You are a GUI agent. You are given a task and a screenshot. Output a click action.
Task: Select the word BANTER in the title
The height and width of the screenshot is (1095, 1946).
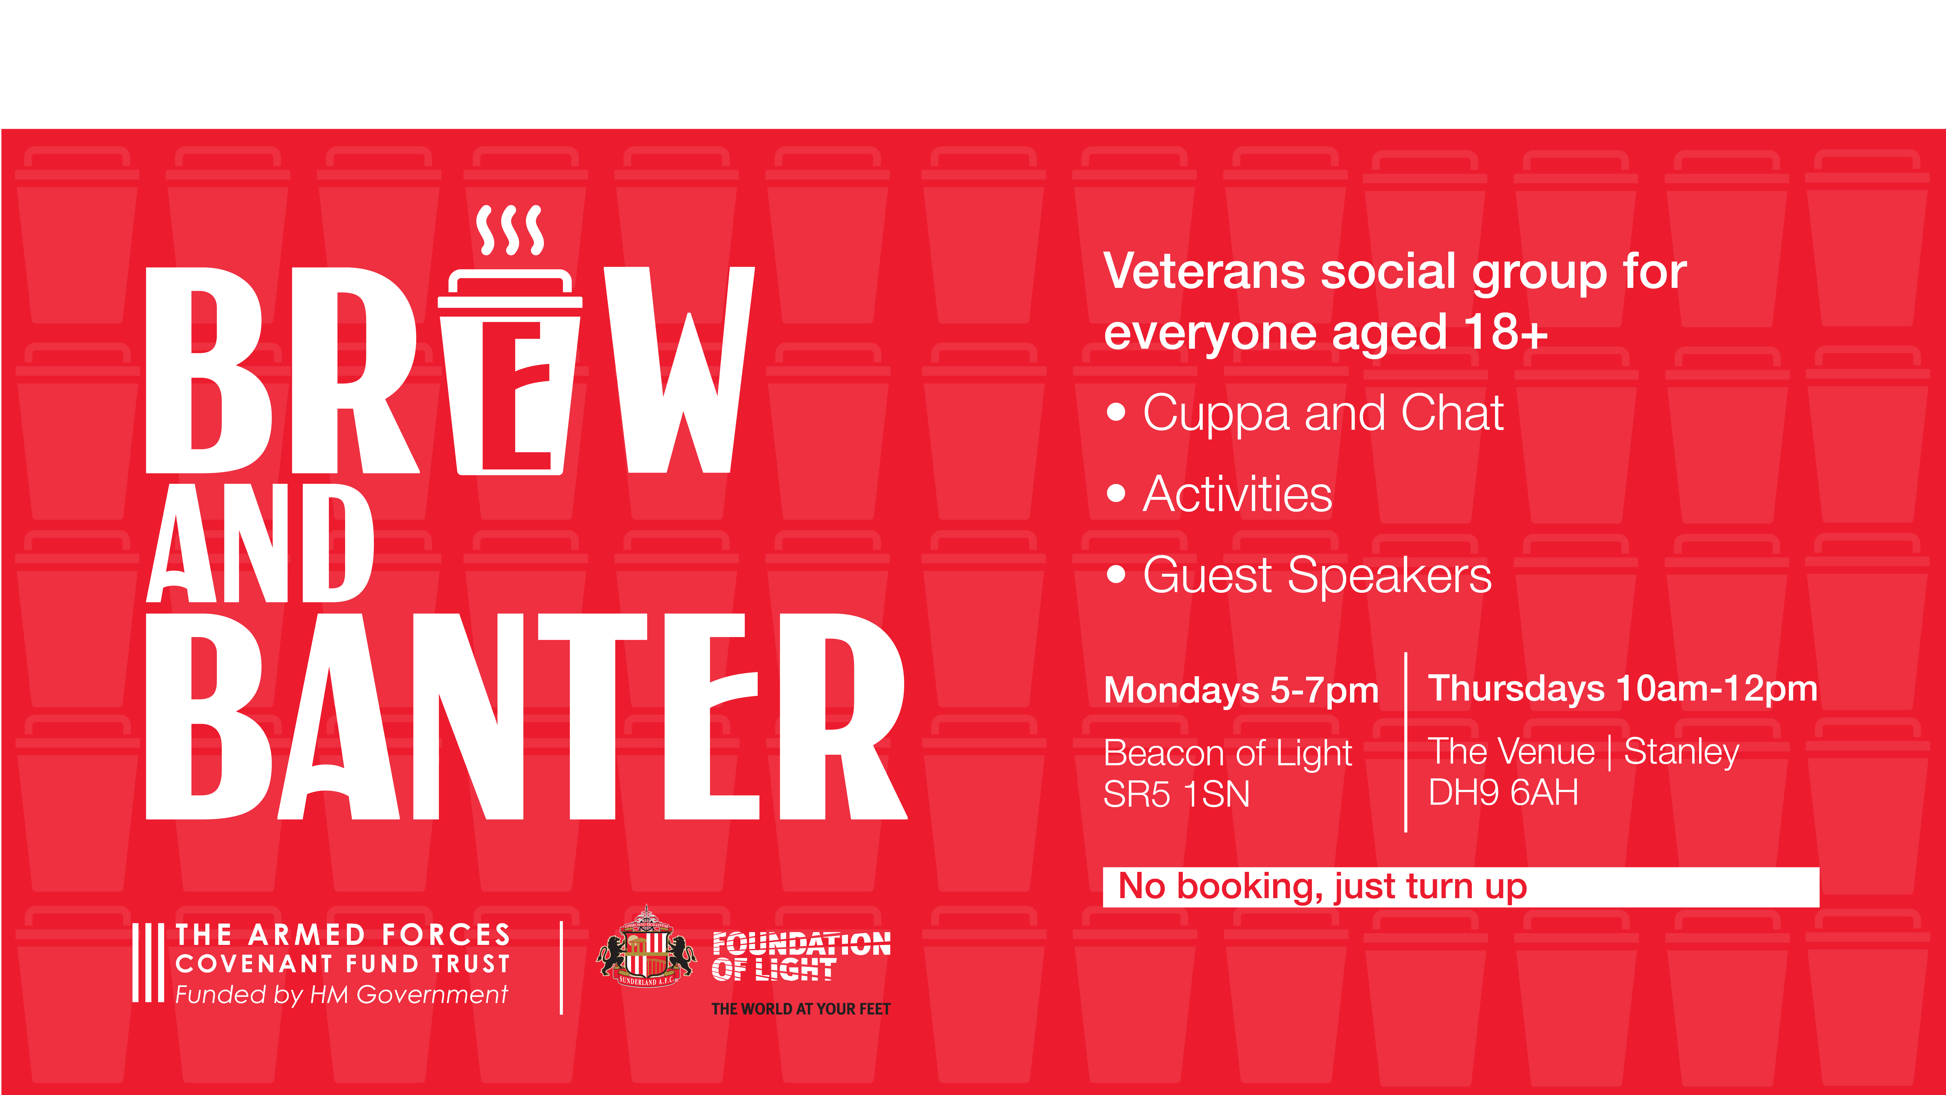(527, 716)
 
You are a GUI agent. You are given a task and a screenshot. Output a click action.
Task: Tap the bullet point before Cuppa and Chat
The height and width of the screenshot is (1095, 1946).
(1116, 413)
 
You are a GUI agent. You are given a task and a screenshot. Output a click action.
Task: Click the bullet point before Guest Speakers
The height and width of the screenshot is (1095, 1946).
(1116, 574)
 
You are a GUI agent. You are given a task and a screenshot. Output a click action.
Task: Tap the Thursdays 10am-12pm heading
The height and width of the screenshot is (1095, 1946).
(1623, 688)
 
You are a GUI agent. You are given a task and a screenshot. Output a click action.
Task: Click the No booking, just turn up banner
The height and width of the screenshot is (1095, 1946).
(1461, 887)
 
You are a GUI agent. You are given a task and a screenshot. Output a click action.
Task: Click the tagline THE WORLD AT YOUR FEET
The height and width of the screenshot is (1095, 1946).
(801, 1009)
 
